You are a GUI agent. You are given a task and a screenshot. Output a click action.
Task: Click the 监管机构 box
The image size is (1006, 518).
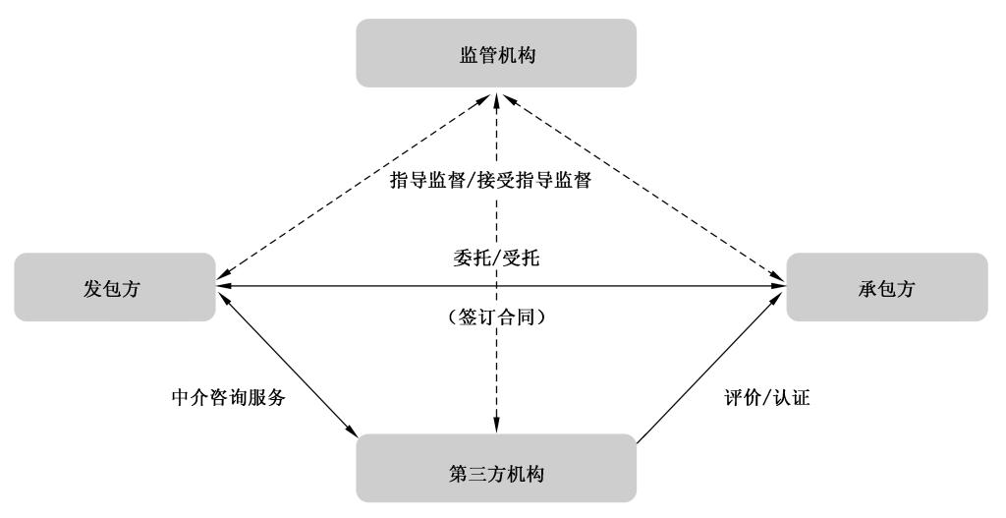click(x=496, y=53)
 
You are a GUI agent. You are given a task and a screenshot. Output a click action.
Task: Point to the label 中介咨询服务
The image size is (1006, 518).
click(x=228, y=400)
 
